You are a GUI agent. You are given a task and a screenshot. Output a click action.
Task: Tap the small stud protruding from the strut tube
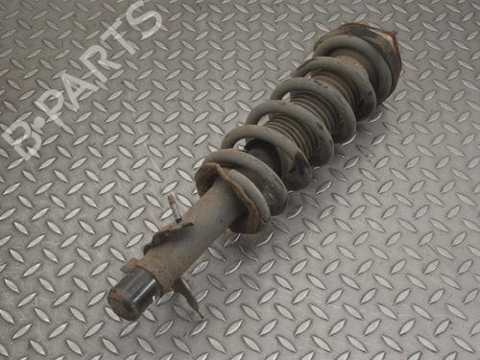pyautogui.click(x=174, y=208)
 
